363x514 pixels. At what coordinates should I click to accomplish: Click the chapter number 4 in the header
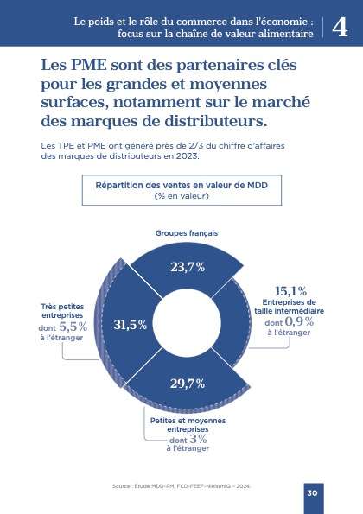pos(340,26)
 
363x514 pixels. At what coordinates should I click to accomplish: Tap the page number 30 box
pos(313,492)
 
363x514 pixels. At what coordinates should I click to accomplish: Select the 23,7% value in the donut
pos(188,266)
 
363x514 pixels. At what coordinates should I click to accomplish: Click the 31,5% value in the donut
pos(131,325)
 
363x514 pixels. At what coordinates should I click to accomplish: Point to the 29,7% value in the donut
pos(187,383)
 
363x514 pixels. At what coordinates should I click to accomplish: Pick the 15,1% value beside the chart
pos(290,291)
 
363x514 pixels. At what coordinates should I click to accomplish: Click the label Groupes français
pos(187,233)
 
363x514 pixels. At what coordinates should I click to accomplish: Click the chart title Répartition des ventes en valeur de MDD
pos(181,185)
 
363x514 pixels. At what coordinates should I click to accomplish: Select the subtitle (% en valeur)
pos(181,196)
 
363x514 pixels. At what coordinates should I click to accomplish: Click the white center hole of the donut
pos(188,325)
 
